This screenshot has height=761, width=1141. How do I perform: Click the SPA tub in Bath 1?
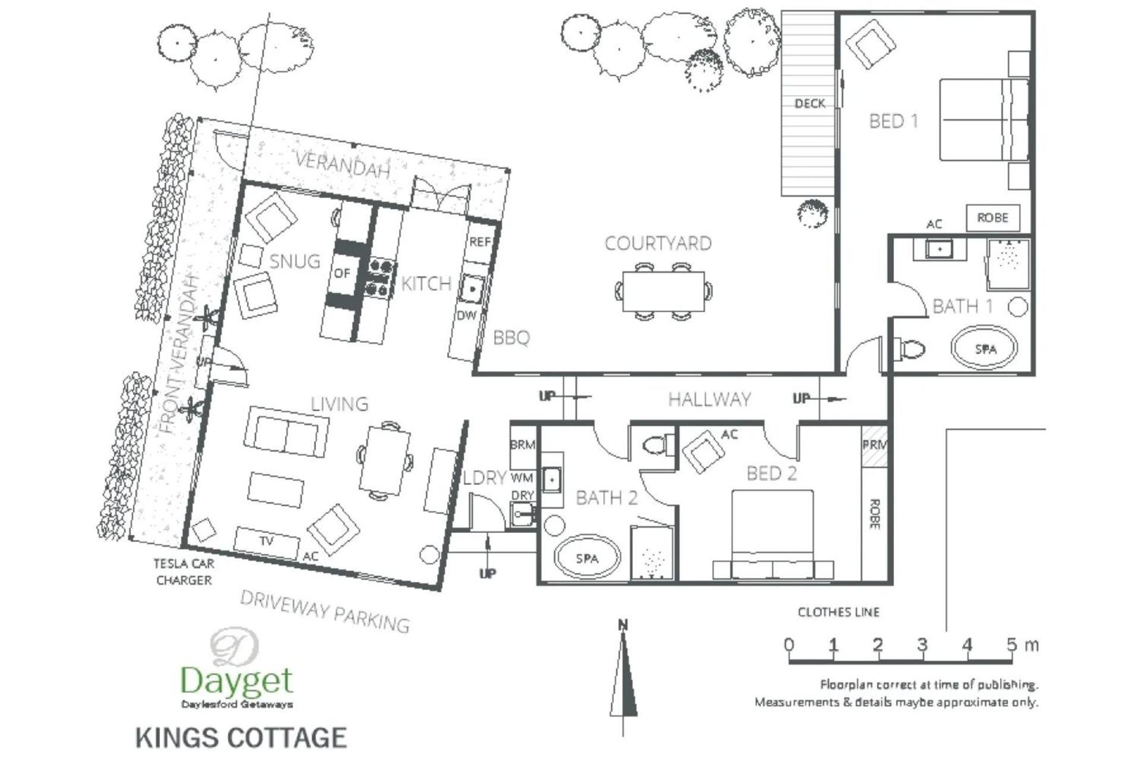pos(985,348)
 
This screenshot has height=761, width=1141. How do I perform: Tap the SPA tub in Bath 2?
pos(587,558)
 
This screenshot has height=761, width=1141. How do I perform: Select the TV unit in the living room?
pos(266,541)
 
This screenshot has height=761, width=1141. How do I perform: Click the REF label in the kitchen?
pos(480,242)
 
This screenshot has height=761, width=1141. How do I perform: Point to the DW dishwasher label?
pos(467,315)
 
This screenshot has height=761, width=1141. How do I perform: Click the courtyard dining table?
pos(663,291)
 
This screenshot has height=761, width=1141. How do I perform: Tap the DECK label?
pos(809,103)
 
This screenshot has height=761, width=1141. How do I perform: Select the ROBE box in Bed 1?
pos(992,218)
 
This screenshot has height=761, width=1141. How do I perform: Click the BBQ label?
pos(511,338)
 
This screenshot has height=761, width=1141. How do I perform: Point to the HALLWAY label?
pos(710,399)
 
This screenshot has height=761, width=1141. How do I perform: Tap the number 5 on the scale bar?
pos(1011,644)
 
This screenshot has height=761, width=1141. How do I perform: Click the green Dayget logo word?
pos(237,681)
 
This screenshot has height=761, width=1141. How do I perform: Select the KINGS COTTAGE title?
pos(241,737)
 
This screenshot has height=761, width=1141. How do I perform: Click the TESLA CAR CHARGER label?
pos(184,571)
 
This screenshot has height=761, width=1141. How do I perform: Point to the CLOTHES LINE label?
pos(839,612)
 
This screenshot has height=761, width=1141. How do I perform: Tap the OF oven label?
pos(342,273)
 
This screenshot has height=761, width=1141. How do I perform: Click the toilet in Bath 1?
pos(909,348)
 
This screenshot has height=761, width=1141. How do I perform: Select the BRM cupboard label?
pos(522,445)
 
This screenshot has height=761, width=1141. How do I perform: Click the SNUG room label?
pos(295,262)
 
